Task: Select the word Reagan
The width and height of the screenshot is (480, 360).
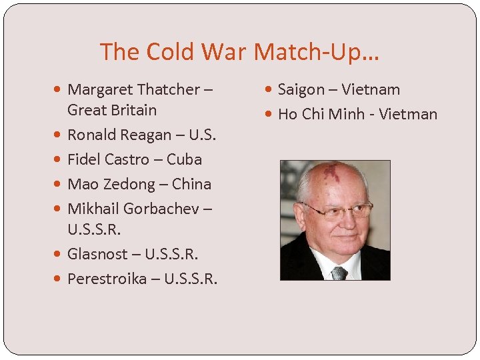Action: click(147, 135)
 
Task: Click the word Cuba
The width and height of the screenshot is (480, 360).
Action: click(184, 159)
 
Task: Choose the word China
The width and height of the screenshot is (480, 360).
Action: click(191, 184)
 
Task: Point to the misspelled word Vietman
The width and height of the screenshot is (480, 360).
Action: click(408, 114)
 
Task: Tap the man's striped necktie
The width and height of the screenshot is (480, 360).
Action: click(339, 273)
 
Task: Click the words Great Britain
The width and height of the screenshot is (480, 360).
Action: click(112, 110)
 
